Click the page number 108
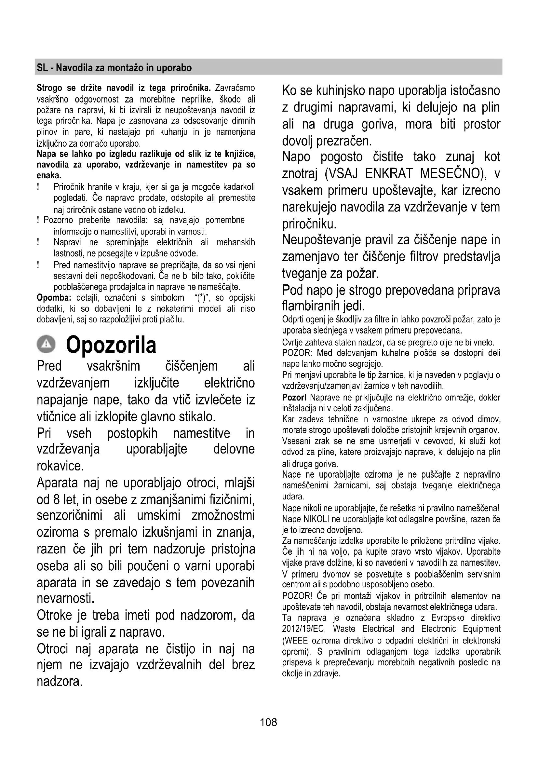[268, 722]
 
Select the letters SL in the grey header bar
[42, 68]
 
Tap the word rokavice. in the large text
[60, 466]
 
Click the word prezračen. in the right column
[344, 141]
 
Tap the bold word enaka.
[47, 175]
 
